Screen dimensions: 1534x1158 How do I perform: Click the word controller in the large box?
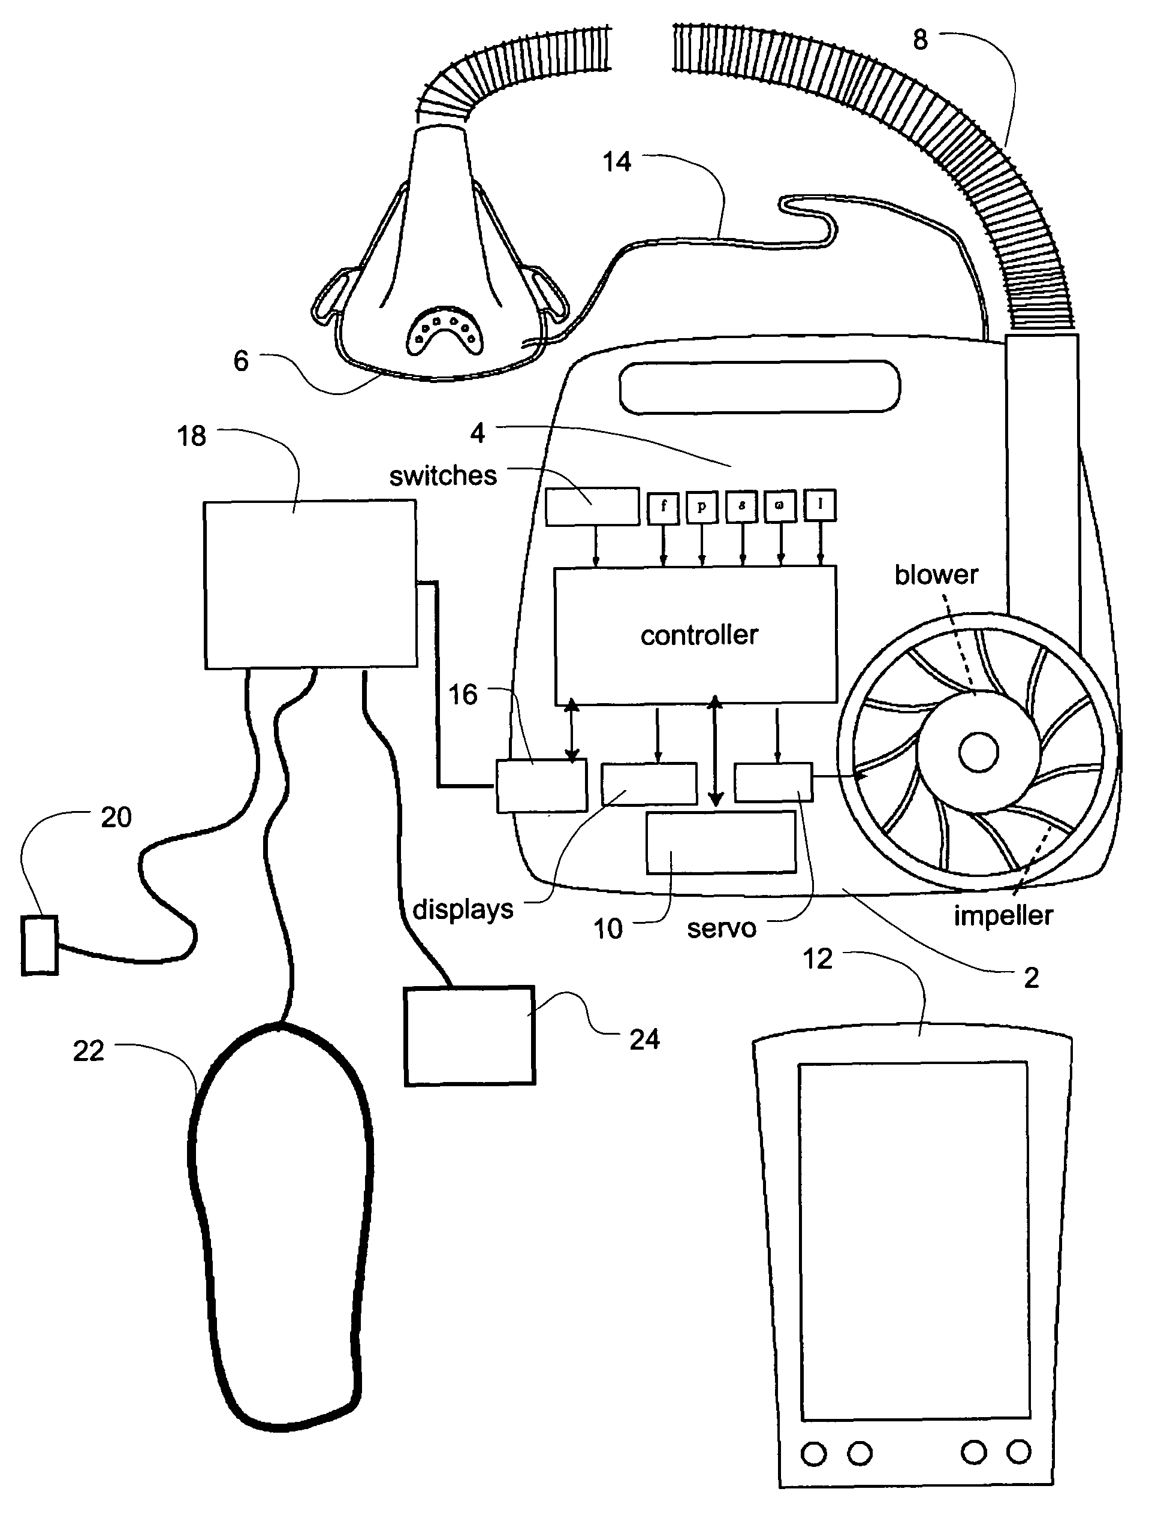pyautogui.click(x=699, y=635)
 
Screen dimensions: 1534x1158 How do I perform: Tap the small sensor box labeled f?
pyautogui.click(x=664, y=507)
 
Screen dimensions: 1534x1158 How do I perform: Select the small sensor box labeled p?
pyautogui.click(x=702, y=507)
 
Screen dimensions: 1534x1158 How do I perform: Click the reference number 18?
pyautogui.click(x=191, y=436)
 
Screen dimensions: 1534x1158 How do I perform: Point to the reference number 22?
pyautogui.click(x=88, y=1051)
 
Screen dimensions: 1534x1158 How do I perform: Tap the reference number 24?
pyautogui.click(x=644, y=1039)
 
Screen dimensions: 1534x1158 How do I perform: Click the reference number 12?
pyautogui.click(x=817, y=959)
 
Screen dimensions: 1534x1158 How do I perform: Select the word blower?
pyautogui.click(x=936, y=575)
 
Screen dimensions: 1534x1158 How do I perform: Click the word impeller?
pyautogui.click(x=1003, y=915)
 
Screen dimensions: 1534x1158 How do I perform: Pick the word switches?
pyautogui.click(x=443, y=476)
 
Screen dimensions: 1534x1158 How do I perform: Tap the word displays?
pyautogui.click(x=463, y=909)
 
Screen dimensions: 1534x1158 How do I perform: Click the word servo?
pyautogui.click(x=721, y=929)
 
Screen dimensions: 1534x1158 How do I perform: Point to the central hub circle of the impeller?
pyautogui.click(x=978, y=752)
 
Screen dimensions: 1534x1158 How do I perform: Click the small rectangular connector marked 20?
pyautogui.click(x=40, y=945)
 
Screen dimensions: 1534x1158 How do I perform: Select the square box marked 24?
pyautogui.click(x=469, y=1035)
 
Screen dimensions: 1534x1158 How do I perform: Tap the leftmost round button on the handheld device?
pyautogui.click(x=814, y=1453)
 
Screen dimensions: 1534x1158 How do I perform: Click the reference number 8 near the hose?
pyautogui.click(x=920, y=40)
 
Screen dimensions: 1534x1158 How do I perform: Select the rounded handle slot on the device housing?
pyautogui.click(x=759, y=386)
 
